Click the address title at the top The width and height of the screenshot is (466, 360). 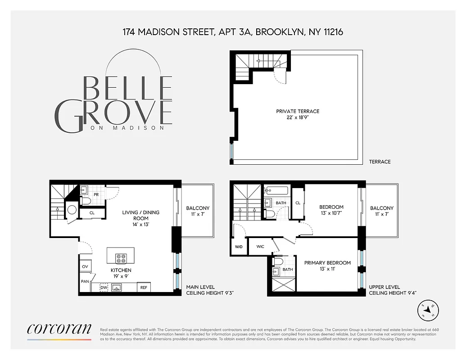tap(233, 32)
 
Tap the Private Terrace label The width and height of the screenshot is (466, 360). tap(298, 114)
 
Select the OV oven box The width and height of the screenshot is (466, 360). tap(85, 267)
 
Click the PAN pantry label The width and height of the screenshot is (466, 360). tap(85, 281)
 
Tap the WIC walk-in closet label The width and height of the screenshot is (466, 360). tap(260, 247)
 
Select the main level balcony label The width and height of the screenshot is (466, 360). tap(198, 211)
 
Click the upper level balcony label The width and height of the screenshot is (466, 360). tap(382, 211)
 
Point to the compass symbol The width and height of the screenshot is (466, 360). tap(429, 310)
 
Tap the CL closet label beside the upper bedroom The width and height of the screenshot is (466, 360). tap(298, 203)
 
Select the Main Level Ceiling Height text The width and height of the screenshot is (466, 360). tap(210, 290)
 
